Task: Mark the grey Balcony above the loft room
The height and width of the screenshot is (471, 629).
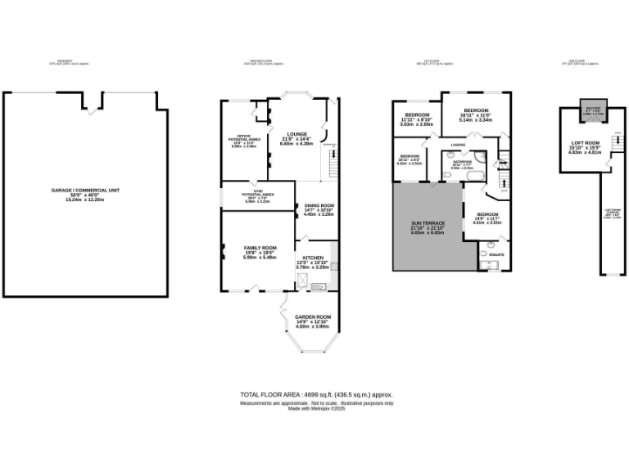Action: tap(591, 110)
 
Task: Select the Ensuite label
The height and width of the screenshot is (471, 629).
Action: tap(496, 254)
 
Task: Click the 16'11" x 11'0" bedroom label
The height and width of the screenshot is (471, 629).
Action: tap(476, 114)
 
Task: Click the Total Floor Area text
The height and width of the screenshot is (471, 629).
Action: tap(315, 393)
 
